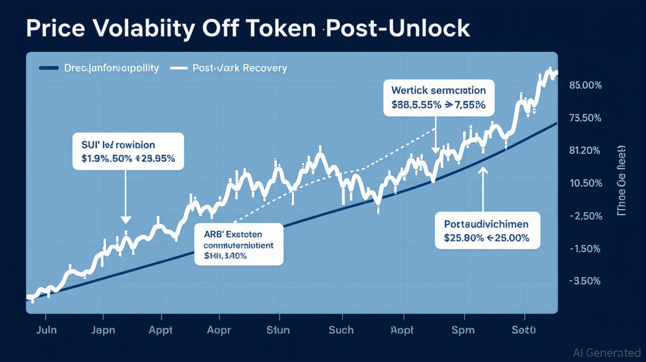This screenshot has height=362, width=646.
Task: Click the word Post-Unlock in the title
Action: point(398,29)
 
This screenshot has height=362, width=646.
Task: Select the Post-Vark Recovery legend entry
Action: point(239,68)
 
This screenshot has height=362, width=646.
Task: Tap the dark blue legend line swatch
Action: point(48,68)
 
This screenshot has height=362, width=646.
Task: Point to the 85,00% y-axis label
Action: point(586,86)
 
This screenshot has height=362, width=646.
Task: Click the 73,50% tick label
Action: point(586,118)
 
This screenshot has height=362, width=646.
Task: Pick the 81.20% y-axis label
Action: point(586,151)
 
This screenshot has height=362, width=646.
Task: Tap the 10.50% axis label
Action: point(586,183)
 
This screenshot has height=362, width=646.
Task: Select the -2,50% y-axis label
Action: point(586,216)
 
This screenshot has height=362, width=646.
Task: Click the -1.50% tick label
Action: point(586,249)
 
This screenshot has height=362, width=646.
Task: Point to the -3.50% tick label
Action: point(586,281)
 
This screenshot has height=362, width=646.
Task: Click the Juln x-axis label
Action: point(46,330)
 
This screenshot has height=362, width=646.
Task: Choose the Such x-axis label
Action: point(341,330)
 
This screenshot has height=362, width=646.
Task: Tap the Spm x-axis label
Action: point(463,330)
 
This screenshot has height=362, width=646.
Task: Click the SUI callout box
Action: point(127,151)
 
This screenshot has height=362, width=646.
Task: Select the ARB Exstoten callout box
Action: point(239,244)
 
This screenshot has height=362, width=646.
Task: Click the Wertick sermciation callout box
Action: point(438,98)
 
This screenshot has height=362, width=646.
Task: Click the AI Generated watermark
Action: point(606,353)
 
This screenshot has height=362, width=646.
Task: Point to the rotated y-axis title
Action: point(621,181)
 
